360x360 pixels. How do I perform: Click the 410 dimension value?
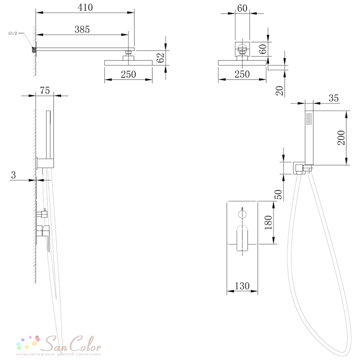(x=85, y=7)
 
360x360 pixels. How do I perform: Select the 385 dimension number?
(x=82, y=30)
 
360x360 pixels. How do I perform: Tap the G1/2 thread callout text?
(x=13, y=33)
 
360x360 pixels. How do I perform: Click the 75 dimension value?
(x=45, y=90)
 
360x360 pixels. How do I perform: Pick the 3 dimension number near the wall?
(x=14, y=175)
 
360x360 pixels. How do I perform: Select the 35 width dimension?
(x=334, y=98)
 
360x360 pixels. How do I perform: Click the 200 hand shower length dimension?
(x=341, y=138)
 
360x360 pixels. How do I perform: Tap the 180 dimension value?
(x=268, y=222)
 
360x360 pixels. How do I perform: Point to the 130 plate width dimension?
(x=242, y=286)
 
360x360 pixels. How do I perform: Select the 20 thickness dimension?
(x=279, y=91)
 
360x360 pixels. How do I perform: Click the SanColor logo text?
(x=73, y=344)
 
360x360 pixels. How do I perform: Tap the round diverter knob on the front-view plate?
(x=242, y=214)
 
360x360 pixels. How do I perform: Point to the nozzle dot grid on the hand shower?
(x=309, y=119)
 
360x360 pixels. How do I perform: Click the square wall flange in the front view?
(x=242, y=49)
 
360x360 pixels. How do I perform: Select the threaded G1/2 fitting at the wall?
(x=34, y=50)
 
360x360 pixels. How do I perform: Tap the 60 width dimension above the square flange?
(x=242, y=8)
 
